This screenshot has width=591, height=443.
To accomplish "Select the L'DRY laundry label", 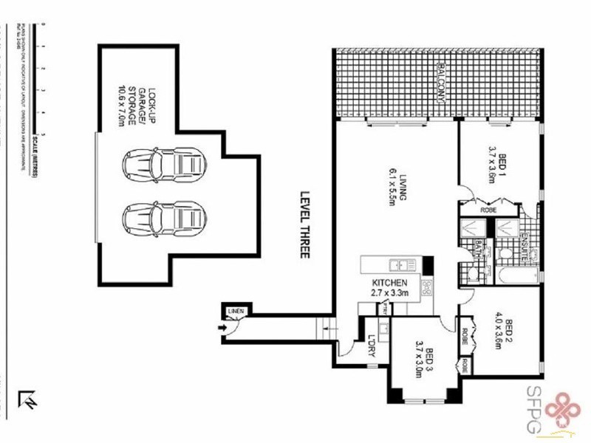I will [x=370, y=346].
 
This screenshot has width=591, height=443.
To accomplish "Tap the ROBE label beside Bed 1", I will [x=488, y=210].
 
